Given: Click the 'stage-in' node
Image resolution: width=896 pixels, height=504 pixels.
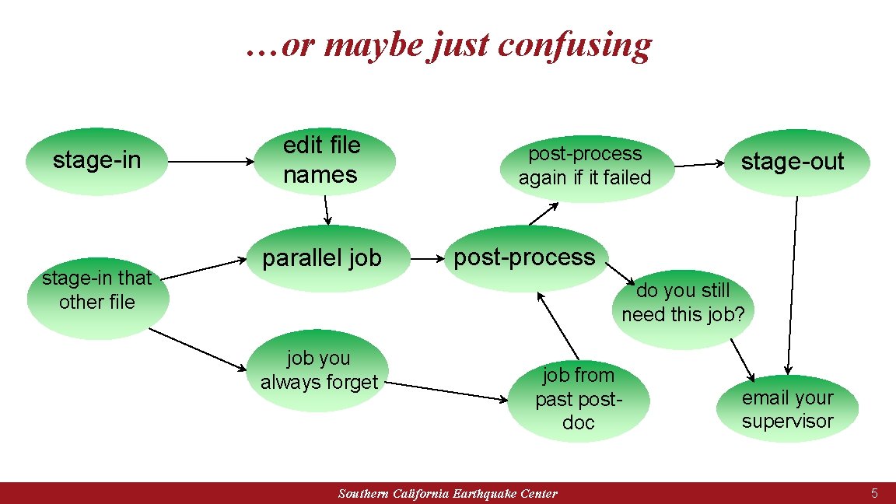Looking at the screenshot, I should click(x=96, y=161).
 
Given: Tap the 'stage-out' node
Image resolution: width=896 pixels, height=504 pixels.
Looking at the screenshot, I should click(x=792, y=162).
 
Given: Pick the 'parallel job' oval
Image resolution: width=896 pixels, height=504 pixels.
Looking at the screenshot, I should click(x=322, y=258).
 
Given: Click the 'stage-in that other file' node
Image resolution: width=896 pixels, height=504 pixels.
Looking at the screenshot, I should click(x=97, y=291).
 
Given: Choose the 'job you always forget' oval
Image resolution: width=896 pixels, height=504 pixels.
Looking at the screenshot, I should click(x=319, y=370).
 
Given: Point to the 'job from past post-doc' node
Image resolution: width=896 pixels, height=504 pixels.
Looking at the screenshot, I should click(x=578, y=398).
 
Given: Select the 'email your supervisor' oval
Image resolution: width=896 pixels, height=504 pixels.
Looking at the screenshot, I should click(x=787, y=409).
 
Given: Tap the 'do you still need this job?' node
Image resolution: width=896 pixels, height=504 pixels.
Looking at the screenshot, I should click(x=683, y=303).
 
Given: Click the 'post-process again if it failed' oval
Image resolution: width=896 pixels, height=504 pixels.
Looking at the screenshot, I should click(x=585, y=166).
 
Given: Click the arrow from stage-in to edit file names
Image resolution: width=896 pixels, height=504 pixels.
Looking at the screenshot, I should click(x=211, y=163).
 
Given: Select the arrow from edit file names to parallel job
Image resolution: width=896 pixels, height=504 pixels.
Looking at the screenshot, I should click(x=327, y=209).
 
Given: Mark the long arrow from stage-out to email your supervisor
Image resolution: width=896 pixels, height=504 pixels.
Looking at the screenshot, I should click(x=793, y=284).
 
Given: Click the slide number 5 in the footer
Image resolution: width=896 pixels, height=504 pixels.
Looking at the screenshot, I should click(x=874, y=493).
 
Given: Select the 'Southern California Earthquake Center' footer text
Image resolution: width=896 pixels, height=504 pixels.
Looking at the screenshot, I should click(x=448, y=494).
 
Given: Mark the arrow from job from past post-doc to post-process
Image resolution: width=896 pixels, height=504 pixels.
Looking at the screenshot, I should click(x=558, y=326).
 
